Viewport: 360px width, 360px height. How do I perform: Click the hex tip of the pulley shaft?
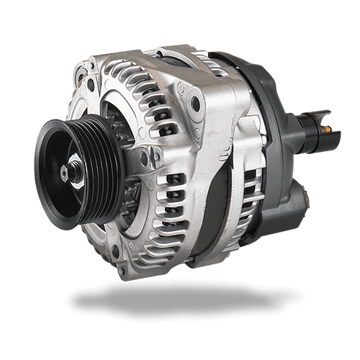(x=66, y=171)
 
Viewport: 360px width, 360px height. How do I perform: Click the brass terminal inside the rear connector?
(x=326, y=130)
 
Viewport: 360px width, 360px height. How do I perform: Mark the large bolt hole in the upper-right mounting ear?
(x=196, y=104)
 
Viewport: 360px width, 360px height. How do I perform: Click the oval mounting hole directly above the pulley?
(x=91, y=85)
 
